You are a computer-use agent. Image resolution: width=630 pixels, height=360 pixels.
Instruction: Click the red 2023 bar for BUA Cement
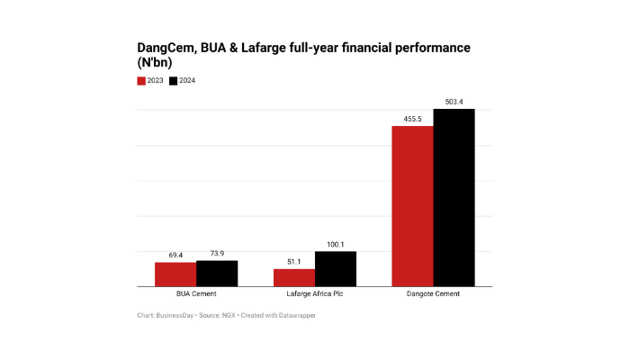(x=175, y=274)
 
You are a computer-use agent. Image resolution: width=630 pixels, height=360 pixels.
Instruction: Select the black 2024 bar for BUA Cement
(x=217, y=274)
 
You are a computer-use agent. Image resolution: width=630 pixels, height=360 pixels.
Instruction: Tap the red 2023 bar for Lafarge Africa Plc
(x=294, y=277)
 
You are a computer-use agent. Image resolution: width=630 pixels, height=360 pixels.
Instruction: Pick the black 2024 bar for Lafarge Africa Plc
(x=336, y=269)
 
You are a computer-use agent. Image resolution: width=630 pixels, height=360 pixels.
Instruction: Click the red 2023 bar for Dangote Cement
(x=412, y=206)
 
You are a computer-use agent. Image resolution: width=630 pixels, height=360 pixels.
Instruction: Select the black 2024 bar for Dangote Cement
(x=454, y=198)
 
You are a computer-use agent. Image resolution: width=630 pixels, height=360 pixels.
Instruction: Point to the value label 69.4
(x=175, y=256)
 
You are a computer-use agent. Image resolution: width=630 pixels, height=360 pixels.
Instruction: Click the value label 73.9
(x=217, y=254)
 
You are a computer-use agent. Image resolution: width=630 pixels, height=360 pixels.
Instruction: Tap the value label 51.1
(x=294, y=262)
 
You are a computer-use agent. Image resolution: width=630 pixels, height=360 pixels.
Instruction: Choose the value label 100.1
(x=336, y=245)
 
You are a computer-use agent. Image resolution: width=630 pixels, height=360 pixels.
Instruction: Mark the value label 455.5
(x=412, y=119)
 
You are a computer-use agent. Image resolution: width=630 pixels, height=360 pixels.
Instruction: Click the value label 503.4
(x=454, y=102)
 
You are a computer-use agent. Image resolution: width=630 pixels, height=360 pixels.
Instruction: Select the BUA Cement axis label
(x=196, y=294)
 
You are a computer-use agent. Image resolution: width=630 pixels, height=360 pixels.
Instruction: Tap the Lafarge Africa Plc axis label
(x=315, y=294)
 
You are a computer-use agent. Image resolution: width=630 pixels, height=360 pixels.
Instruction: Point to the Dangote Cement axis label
(x=433, y=294)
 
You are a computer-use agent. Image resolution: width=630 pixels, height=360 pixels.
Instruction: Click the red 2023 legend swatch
(x=141, y=81)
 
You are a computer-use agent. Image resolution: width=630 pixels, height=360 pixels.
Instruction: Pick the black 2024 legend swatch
(x=174, y=81)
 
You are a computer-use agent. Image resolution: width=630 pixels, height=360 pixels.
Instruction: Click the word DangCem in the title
(x=167, y=48)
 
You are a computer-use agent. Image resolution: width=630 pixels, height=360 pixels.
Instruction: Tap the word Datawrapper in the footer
(x=296, y=316)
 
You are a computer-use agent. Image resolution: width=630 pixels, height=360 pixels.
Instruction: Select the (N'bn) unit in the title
(x=155, y=63)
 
